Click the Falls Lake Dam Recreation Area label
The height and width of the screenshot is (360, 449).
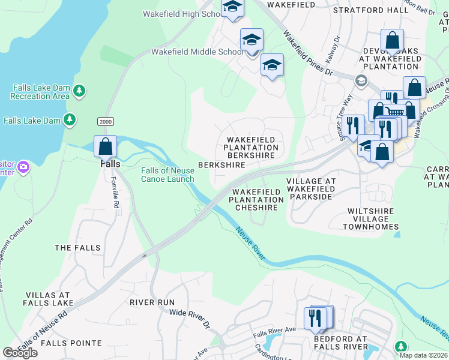click(40, 92)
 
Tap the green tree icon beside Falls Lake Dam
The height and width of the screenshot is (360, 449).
click(70, 120)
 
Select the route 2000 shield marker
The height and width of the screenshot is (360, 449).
click(105, 122)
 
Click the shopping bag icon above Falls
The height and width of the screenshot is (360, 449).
click(106, 146)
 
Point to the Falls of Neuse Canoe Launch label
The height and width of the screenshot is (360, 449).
click(167, 175)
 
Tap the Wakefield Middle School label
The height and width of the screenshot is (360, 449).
click(197, 52)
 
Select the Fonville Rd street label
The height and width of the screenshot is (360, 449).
click(115, 196)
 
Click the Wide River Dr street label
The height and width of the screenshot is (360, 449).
click(190, 318)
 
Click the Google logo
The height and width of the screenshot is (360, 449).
click(20, 353)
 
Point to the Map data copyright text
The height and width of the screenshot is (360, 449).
click(423, 355)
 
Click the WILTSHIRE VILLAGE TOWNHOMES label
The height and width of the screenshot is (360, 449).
click(371, 219)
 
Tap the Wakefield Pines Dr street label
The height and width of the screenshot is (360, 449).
click(307, 54)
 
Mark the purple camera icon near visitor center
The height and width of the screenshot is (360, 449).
click(23, 166)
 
